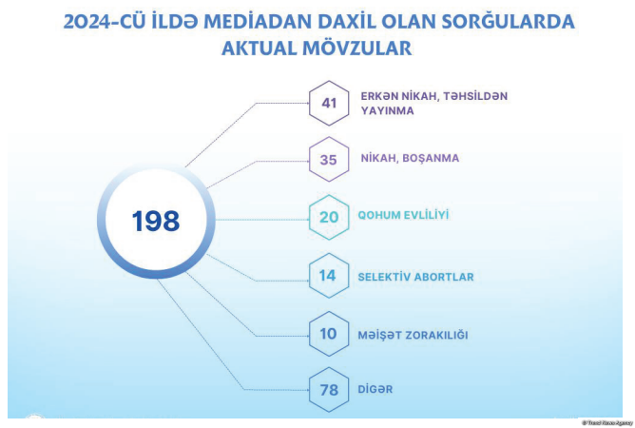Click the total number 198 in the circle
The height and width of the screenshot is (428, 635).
point(156,222)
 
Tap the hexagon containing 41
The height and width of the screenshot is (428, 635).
point(329,81)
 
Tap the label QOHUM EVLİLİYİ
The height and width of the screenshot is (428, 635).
point(403,215)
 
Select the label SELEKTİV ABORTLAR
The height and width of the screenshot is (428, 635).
point(416,277)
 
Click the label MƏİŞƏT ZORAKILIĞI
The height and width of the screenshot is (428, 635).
point(414,335)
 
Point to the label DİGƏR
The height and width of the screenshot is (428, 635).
point(375,389)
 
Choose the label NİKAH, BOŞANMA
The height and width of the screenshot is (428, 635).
point(410,158)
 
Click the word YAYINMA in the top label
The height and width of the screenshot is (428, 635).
point(387,110)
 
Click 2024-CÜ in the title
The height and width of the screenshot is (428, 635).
point(105,22)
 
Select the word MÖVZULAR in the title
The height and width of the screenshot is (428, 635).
point(357,49)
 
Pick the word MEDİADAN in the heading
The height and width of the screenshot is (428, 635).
point(258,22)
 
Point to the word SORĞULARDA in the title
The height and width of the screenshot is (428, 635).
point(508,21)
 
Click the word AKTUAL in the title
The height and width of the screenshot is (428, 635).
point(260,49)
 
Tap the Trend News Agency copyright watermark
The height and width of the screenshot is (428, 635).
point(607,423)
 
